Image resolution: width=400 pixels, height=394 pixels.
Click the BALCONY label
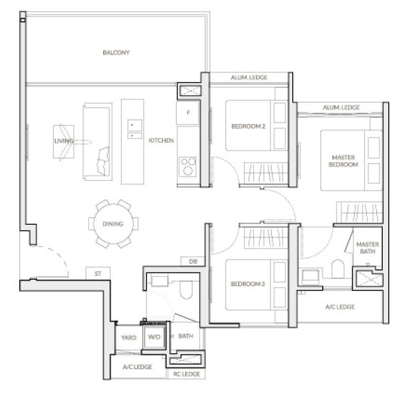(x=116, y=52)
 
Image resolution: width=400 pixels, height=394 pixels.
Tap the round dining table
(x=113, y=224)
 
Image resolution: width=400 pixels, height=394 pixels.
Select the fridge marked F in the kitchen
(x=188, y=112)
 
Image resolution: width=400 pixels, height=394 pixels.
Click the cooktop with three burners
(x=188, y=167)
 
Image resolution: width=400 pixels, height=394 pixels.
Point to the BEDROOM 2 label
(x=248, y=126)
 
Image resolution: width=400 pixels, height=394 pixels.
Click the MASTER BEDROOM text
(x=343, y=161)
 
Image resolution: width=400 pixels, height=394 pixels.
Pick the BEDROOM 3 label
(x=248, y=284)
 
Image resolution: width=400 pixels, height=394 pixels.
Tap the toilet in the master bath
(x=338, y=269)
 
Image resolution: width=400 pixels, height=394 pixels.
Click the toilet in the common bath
(x=186, y=290)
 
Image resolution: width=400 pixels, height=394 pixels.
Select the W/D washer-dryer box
(x=154, y=337)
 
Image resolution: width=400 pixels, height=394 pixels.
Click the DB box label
(x=193, y=261)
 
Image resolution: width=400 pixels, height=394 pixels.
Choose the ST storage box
(x=98, y=274)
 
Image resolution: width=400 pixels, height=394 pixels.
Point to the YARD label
(x=129, y=338)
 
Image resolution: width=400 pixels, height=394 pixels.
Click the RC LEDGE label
(x=187, y=374)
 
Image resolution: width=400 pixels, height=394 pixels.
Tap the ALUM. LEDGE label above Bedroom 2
(x=249, y=77)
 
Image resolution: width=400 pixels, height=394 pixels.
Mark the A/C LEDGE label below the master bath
(x=340, y=307)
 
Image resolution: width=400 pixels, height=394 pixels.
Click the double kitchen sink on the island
(x=135, y=129)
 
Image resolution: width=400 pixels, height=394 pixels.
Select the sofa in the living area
(x=98, y=142)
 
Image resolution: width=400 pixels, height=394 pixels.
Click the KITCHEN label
(x=161, y=140)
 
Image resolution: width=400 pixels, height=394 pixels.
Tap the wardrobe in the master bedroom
(x=359, y=213)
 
